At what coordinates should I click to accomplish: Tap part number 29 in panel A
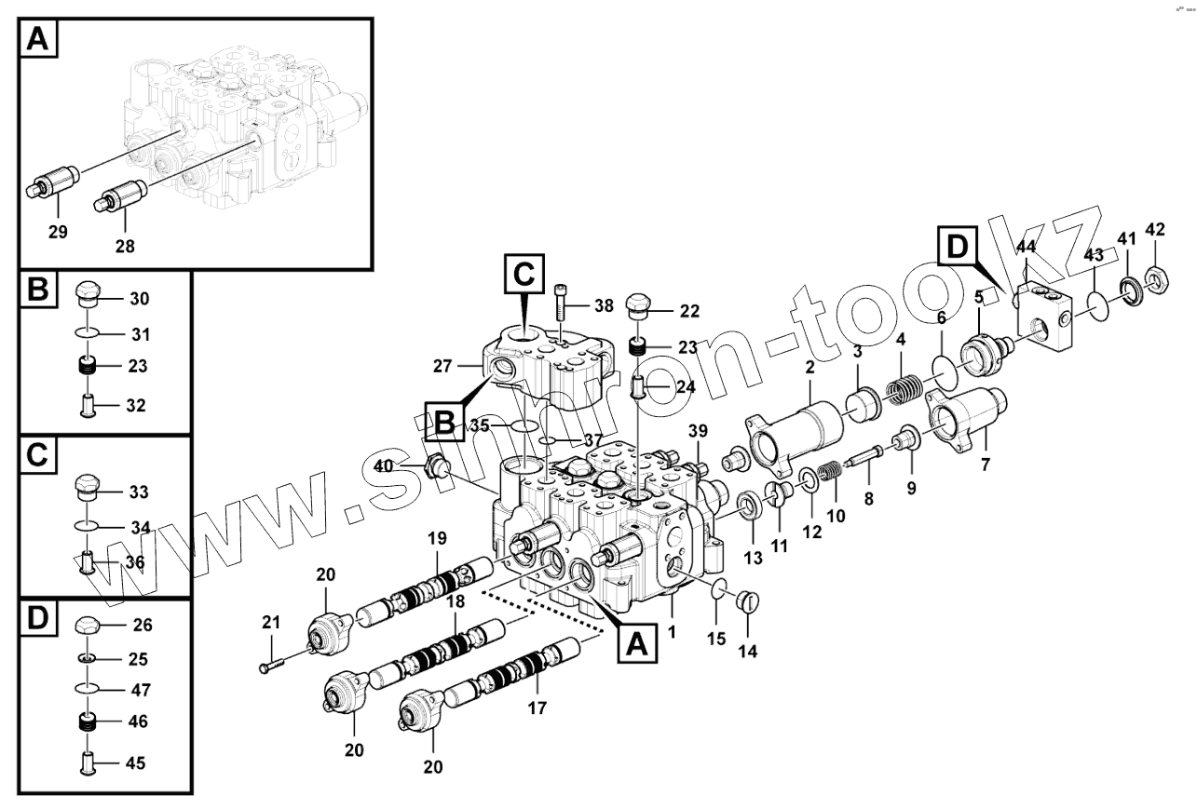coord(58,233)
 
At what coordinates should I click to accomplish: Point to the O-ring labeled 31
coord(88,333)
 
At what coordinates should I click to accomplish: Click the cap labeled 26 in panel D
coord(88,625)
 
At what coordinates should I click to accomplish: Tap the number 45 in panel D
coord(135,764)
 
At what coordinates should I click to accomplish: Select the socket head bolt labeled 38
coord(560,302)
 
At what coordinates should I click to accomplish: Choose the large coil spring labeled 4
coord(902,386)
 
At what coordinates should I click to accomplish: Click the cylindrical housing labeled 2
coord(796,432)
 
